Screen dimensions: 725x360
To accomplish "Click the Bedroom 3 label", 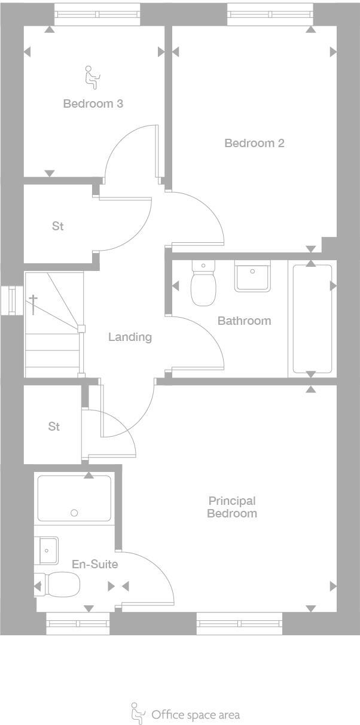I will tap(93, 103).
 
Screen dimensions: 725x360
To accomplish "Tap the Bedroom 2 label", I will tap(254, 143).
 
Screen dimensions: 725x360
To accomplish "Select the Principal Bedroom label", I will tap(232, 507).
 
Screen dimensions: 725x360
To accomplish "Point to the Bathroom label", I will tap(244, 321).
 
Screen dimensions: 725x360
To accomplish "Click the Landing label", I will tap(130, 337).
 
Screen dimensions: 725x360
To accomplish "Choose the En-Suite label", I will tap(94, 564).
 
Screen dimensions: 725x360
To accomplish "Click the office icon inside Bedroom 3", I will tap(92, 77).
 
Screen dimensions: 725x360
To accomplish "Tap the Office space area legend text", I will tap(196, 715).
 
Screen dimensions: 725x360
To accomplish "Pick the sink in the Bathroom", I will tap(252, 276).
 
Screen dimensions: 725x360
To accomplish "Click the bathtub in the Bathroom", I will tap(312, 319).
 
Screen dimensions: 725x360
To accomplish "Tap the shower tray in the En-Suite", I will tap(74, 498).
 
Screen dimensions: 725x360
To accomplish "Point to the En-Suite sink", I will tap(48, 550).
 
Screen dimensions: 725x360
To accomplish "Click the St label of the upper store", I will tap(57, 226).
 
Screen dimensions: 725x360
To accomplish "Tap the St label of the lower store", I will tap(54, 427).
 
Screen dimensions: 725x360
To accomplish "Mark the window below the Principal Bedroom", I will tap(239, 623).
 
